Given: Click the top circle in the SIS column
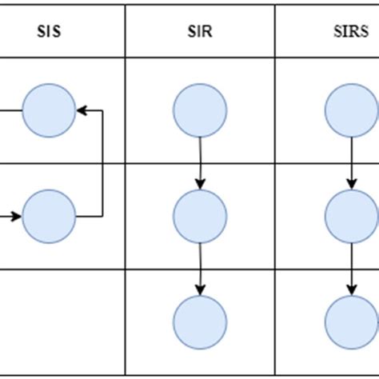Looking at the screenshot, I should click(49, 110).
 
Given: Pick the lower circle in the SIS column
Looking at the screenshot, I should click(49, 216).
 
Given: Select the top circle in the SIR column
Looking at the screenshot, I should click(200, 110).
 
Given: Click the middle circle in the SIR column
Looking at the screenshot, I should click(200, 216).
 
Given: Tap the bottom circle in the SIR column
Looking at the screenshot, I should click(200, 321).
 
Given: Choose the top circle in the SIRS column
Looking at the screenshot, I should click(350, 110).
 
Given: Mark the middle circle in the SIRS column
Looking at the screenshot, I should click(350, 216).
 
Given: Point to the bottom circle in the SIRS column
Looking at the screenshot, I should click(350, 321).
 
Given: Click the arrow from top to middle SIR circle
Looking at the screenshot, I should click(200, 163).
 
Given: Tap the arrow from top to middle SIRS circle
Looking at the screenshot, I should click(350, 163).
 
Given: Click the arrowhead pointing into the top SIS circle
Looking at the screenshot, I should click(80, 110).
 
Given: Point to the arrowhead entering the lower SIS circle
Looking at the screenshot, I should click(18, 216).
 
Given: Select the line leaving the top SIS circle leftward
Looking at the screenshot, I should click(10, 110).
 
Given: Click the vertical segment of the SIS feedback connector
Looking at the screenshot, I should click(102, 163).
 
